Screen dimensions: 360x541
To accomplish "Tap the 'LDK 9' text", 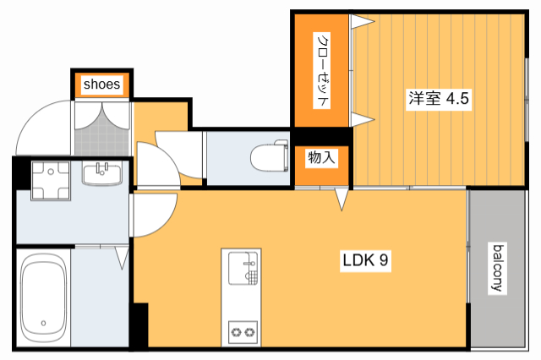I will pyautogui.click(x=364, y=261).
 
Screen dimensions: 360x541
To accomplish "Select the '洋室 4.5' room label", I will pyautogui.click(x=439, y=98).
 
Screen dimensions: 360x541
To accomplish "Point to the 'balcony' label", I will pyautogui.click(x=499, y=268).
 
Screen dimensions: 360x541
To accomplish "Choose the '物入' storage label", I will pyautogui.click(x=321, y=157).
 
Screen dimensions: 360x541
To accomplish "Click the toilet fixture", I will pyautogui.click(x=269, y=156).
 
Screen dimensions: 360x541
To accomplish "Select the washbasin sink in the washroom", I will pyautogui.click(x=103, y=173).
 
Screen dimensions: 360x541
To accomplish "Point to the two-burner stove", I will pyautogui.click(x=242, y=332).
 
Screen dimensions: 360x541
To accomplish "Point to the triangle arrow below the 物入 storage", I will pyautogui.click(x=342, y=199).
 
